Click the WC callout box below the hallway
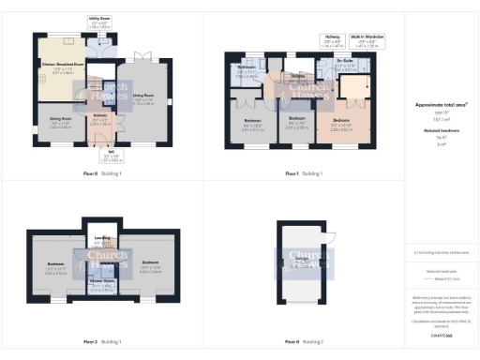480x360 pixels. (x=112, y=157)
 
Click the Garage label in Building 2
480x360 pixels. (x=301, y=264)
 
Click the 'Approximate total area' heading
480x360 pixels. (x=435, y=106)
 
